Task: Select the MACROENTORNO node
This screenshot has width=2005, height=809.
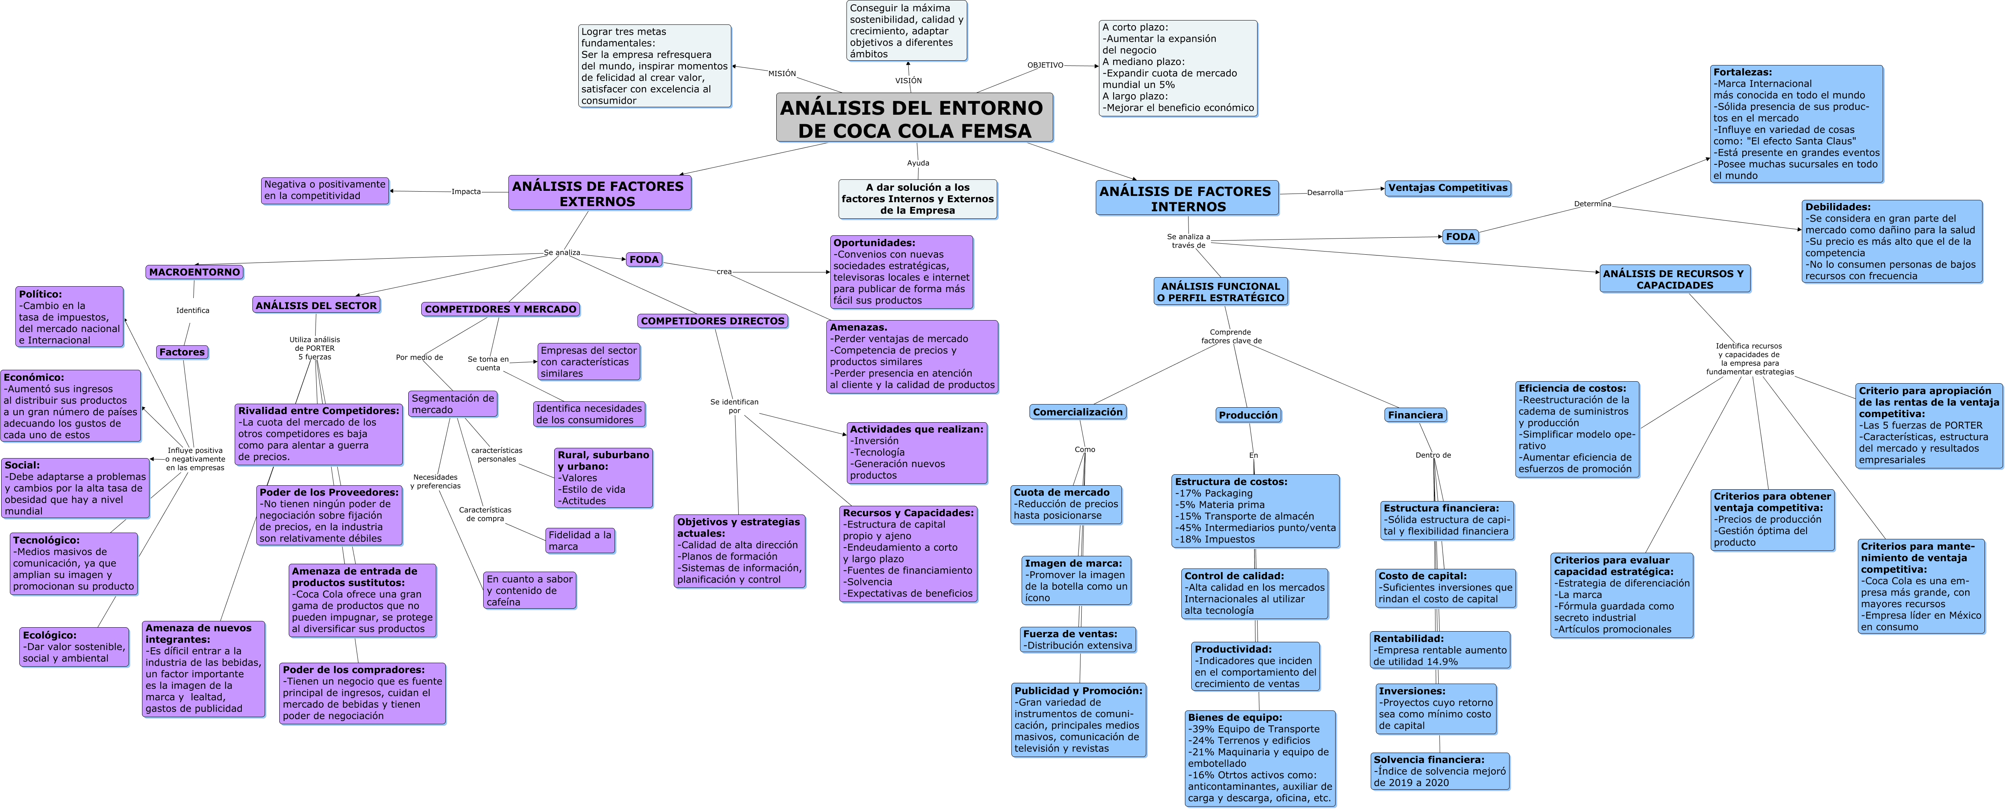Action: (194, 272)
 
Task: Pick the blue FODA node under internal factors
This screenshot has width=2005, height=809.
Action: (1460, 237)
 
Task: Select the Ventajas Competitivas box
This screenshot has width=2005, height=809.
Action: (1448, 188)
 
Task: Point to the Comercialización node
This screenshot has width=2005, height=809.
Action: (1078, 412)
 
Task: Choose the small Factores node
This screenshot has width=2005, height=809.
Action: (182, 352)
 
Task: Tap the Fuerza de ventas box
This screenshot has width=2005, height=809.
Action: (1078, 639)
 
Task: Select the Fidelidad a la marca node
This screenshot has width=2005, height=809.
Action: (580, 541)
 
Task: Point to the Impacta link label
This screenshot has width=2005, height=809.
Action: (466, 191)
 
